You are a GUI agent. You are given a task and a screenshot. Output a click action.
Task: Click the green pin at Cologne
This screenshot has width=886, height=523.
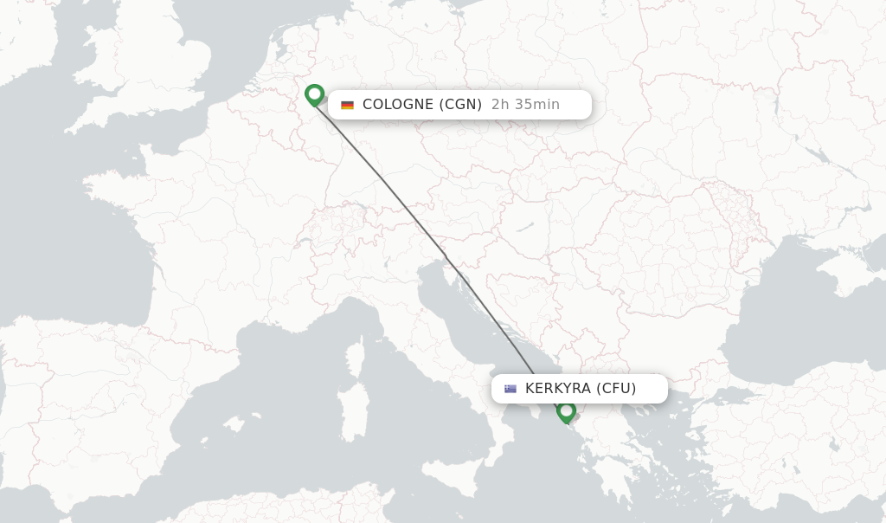tap(314, 94)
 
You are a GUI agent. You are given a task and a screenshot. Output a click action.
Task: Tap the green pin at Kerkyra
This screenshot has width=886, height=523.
tap(566, 410)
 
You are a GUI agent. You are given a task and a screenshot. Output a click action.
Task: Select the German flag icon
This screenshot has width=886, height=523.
tap(347, 105)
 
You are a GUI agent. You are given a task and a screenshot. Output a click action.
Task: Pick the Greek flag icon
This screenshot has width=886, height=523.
tap(510, 389)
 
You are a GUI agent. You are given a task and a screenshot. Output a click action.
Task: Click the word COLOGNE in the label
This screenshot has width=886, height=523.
tap(398, 105)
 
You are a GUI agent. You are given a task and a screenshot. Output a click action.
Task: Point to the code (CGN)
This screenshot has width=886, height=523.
tap(460, 105)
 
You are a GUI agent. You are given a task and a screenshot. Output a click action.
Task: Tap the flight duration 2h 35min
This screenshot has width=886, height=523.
tap(525, 105)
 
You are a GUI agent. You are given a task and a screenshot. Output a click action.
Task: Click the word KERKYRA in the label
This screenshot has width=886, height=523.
tap(557, 389)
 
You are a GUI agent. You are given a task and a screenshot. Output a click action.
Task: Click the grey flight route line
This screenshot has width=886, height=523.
tap(415, 216)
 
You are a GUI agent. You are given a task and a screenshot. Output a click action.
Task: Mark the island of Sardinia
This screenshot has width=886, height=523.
tap(350, 407)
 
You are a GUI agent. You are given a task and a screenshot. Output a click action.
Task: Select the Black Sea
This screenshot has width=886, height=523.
tap(779, 329)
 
